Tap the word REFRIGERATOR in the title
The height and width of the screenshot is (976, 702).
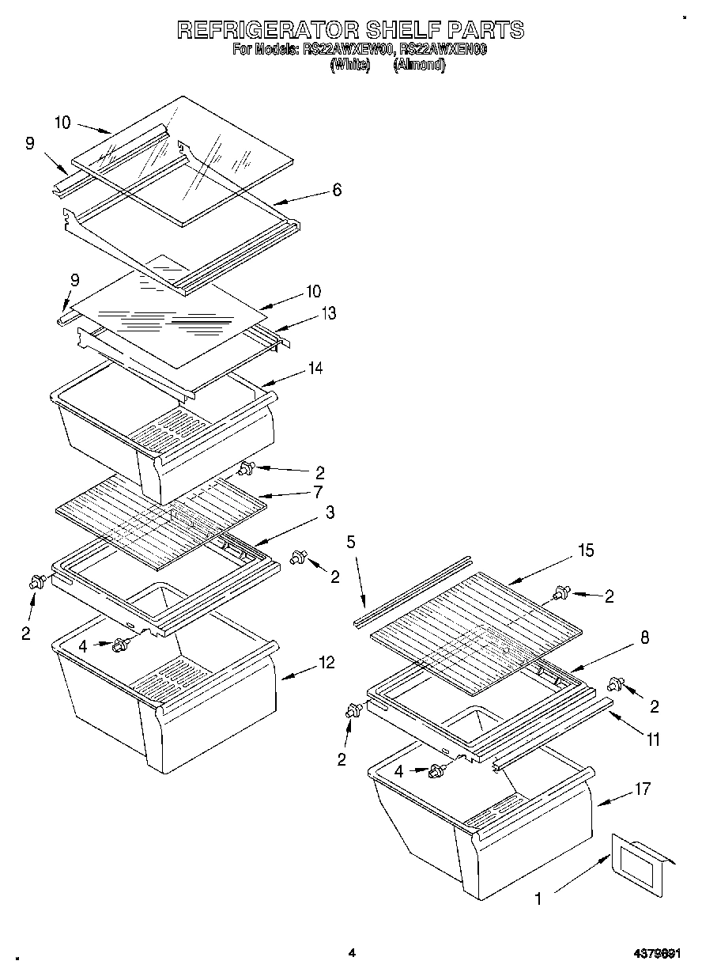coord(266,30)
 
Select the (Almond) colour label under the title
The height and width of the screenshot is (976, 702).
coord(419,66)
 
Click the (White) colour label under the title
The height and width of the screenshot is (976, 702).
coord(349,66)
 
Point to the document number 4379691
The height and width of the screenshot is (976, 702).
coord(657,955)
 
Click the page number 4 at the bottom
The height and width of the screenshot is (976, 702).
coord(351,954)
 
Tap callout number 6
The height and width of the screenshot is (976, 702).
coord(337,191)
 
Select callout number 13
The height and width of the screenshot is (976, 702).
coord(327,313)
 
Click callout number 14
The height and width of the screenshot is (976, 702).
coord(315,368)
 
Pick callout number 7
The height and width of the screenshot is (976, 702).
coord(317,492)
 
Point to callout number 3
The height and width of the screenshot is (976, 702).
coord(330,513)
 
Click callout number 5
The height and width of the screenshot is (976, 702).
coord(351,542)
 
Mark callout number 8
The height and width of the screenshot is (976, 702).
coord(644,638)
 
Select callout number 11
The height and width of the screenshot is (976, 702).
coord(652,740)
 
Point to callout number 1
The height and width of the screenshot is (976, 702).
coord(538,898)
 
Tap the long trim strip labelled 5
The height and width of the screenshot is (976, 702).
coord(413,592)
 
